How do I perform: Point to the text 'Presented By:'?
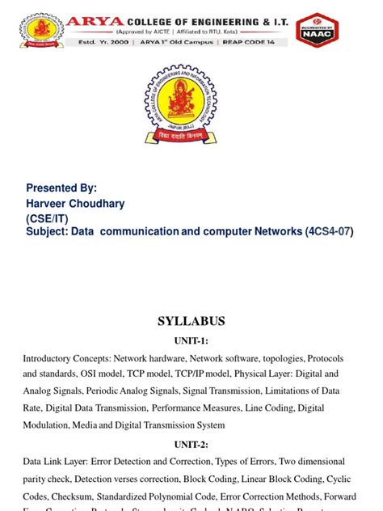point(61,188)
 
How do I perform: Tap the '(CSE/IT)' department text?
point(48,217)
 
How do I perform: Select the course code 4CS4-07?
point(328,232)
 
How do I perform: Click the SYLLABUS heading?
point(191,321)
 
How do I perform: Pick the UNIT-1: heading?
point(191,340)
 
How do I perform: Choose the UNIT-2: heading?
point(191,444)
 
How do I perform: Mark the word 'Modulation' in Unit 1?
point(46,425)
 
